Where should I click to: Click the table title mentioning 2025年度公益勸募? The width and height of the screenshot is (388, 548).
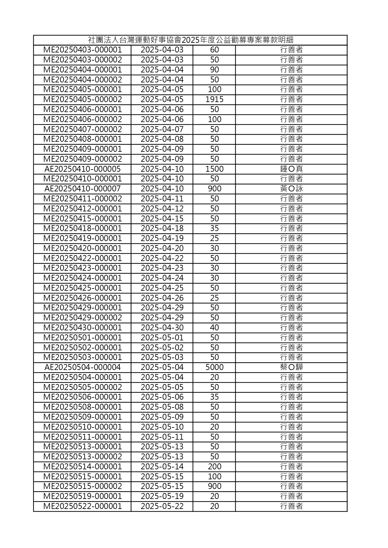(x=190, y=40)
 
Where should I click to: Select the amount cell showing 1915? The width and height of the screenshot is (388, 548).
(x=214, y=99)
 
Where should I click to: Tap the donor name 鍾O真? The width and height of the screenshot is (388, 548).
(x=291, y=169)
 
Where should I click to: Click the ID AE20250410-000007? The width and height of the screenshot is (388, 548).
(x=83, y=189)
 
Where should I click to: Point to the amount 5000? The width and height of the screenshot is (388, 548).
(x=214, y=367)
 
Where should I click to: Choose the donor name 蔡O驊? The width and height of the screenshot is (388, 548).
(x=291, y=367)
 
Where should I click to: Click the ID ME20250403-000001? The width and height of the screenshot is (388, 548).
(x=83, y=50)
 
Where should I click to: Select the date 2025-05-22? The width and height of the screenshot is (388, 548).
(x=162, y=506)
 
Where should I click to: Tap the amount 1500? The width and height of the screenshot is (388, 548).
(x=214, y=169)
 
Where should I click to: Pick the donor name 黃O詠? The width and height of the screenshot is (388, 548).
(x=291, y=189)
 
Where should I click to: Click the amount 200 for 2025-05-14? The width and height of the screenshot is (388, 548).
(x=214, y=467)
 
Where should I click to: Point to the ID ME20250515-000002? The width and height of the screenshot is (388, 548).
(x=83, y=486)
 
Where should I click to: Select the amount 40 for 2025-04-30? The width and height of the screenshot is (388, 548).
(x=214, y=328)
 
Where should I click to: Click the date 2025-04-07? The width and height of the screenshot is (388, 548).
(x=162, y=129)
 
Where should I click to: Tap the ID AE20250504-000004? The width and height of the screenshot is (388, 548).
(x=83, y=367)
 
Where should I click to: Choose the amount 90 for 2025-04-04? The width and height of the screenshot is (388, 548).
(x=214, y=70)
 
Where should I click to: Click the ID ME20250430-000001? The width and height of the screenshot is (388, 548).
(x=83, y=328)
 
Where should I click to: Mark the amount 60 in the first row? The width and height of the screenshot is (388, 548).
(x=214, y=50)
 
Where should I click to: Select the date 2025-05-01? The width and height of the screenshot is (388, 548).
(x=162, y=338)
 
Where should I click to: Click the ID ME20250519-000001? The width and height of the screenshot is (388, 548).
(x=83, y=496)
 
